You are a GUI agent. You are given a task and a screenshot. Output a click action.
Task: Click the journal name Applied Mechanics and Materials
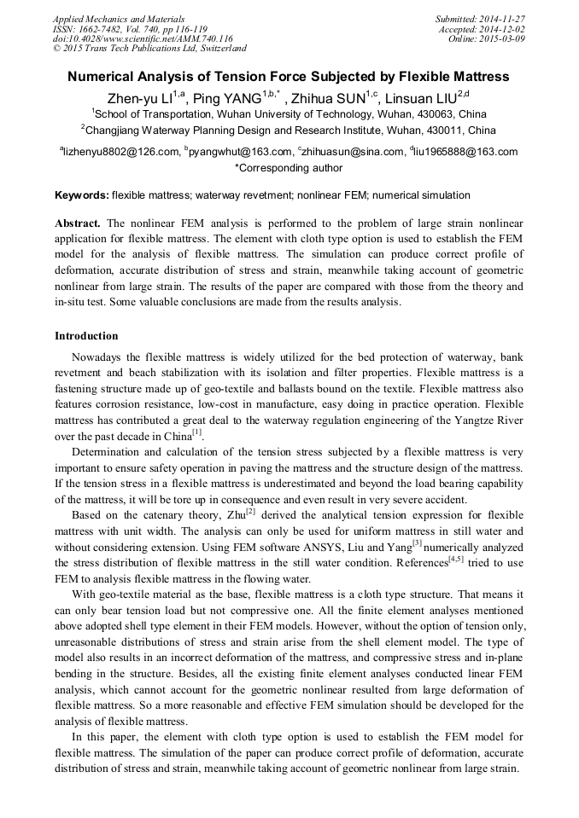[108, 18]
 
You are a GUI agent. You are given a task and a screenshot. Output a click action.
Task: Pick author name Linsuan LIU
[422, 97]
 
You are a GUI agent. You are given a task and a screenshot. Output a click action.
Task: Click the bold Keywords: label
[81, 195]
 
